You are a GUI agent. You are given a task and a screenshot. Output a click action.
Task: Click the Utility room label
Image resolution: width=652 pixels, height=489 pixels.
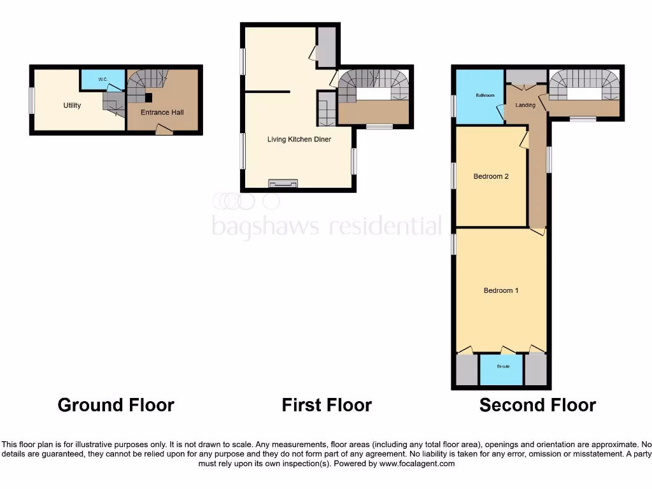72,106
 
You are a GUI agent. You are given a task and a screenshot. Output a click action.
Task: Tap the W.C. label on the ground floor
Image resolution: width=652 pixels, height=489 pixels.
103,80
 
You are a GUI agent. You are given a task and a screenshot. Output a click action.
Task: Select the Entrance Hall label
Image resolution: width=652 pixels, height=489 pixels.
162,113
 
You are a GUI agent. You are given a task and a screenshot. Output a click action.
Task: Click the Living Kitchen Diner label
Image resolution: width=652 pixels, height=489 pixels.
299,139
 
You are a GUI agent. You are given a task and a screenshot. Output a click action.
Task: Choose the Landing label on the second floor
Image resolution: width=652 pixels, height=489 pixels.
525,105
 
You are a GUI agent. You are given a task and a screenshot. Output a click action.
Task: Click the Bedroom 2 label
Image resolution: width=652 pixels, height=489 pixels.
491,177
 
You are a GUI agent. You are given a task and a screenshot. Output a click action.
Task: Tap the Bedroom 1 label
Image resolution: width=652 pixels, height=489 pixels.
501,291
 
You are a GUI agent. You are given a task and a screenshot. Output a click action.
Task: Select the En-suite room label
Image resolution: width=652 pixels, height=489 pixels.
502,366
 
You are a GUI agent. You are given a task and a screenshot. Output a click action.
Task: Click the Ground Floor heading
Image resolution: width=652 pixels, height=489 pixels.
116,405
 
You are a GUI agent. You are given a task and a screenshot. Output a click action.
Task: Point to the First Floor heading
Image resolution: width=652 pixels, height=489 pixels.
327,405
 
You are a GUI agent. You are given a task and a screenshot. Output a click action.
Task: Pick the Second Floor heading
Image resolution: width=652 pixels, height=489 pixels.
537,405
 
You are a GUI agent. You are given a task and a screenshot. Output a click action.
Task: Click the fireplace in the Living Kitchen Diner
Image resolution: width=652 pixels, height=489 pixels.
283,184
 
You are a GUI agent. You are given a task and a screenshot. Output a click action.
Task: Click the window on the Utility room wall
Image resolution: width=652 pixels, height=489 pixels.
31,100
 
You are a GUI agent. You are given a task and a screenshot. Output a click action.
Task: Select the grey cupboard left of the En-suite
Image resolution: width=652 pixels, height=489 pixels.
467,369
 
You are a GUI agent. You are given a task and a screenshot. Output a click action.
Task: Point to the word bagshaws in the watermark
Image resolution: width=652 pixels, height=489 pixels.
267,225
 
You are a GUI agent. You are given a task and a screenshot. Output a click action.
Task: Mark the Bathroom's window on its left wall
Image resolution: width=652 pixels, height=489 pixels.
453,106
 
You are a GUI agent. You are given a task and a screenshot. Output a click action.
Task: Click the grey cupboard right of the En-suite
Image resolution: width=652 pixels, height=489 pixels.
536,369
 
